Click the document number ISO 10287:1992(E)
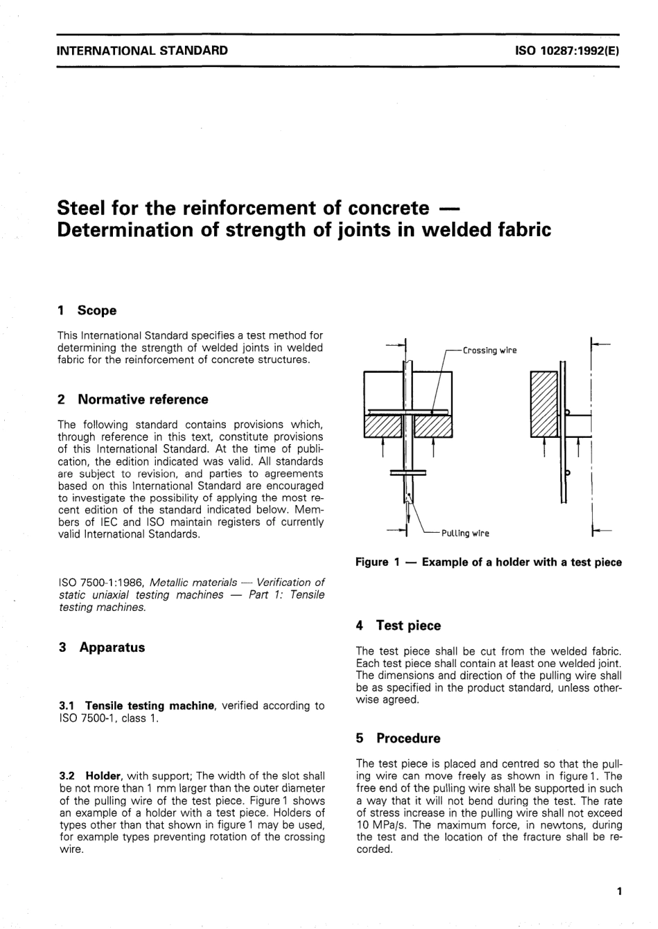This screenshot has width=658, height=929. (569, 51)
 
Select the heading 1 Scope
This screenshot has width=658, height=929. (87, 310)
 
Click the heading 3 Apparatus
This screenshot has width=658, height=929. (102, 647)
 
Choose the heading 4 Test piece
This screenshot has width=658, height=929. (398, 625)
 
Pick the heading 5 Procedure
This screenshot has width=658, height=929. (398, 738)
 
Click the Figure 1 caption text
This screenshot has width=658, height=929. (488, 562)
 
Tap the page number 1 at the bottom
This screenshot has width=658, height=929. (619, 891)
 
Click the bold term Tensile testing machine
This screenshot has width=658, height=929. (150, 705)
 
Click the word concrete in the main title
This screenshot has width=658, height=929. (388, 208)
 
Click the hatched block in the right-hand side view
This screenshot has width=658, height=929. (544, 405)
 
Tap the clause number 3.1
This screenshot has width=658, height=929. (68, 705)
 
